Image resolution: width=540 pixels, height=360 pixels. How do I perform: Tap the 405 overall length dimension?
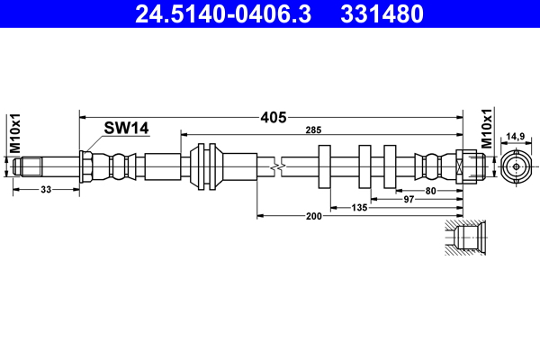pos(274,117)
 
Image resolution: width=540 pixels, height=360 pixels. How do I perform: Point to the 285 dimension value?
pos(313,132)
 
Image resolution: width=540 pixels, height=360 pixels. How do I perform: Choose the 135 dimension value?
pos(360,207)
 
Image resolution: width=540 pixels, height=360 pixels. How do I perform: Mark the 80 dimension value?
pos(431,190)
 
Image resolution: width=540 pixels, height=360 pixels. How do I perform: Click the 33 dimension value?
pos(46,190)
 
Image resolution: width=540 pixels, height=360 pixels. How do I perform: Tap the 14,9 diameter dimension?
pos(515,137)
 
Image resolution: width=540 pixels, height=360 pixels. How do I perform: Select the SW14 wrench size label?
pos(126,129)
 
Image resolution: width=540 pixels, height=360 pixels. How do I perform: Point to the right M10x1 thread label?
pos(487,129)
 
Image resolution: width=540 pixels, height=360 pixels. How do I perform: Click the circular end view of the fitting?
pos(515,166)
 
